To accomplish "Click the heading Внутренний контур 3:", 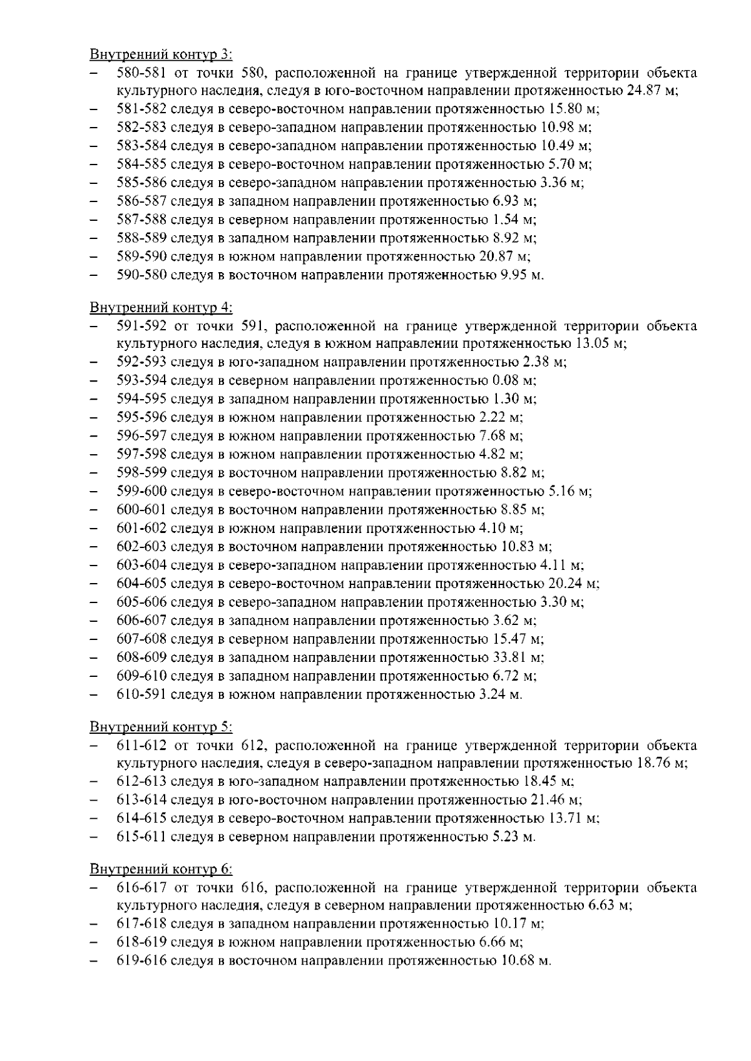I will (161, 54).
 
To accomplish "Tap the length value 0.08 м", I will (513, 380).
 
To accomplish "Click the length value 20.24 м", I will (573, 584).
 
